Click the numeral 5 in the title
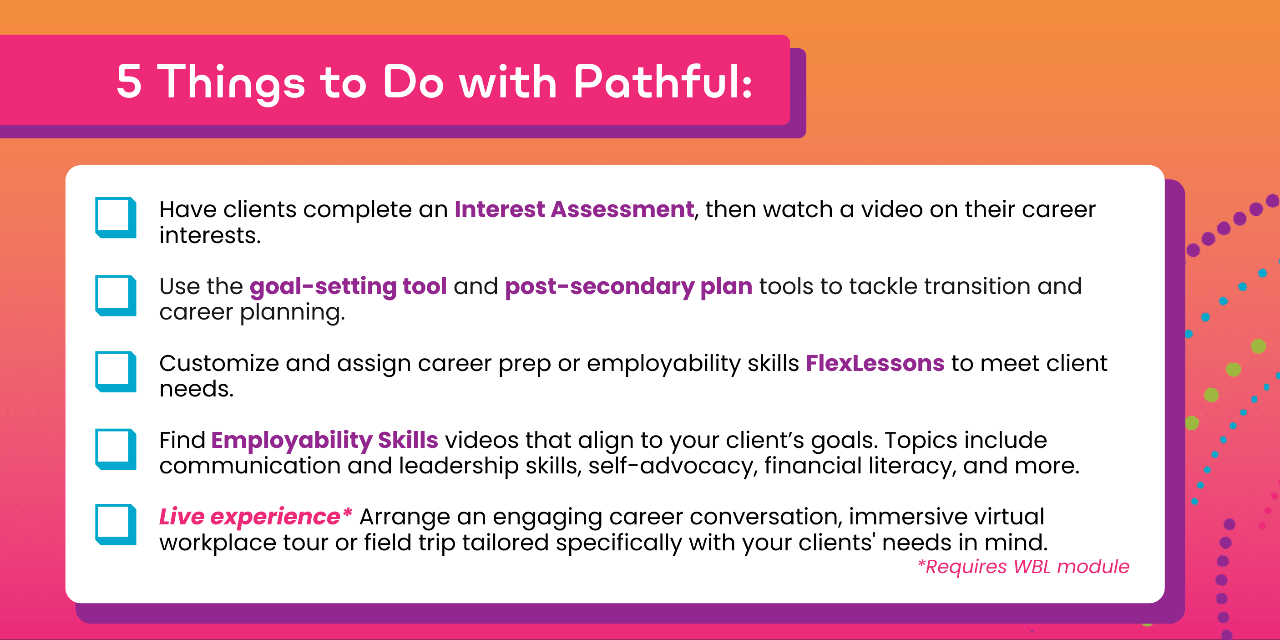(x=129, y=81)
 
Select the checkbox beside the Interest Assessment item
(x=116, y=218)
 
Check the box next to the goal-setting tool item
(x=116, y=296)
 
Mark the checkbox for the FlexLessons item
(x=116, y=372)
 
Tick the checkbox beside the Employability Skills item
(x=116, y=449)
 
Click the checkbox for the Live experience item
(x=116, y=525)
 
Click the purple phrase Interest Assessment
(x=574, y=209)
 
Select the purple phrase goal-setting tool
(x=348, y=287)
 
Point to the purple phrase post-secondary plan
(x=628, y=287)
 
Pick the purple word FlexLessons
(x=875, y=363)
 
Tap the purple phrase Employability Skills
(x=324, y=441)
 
